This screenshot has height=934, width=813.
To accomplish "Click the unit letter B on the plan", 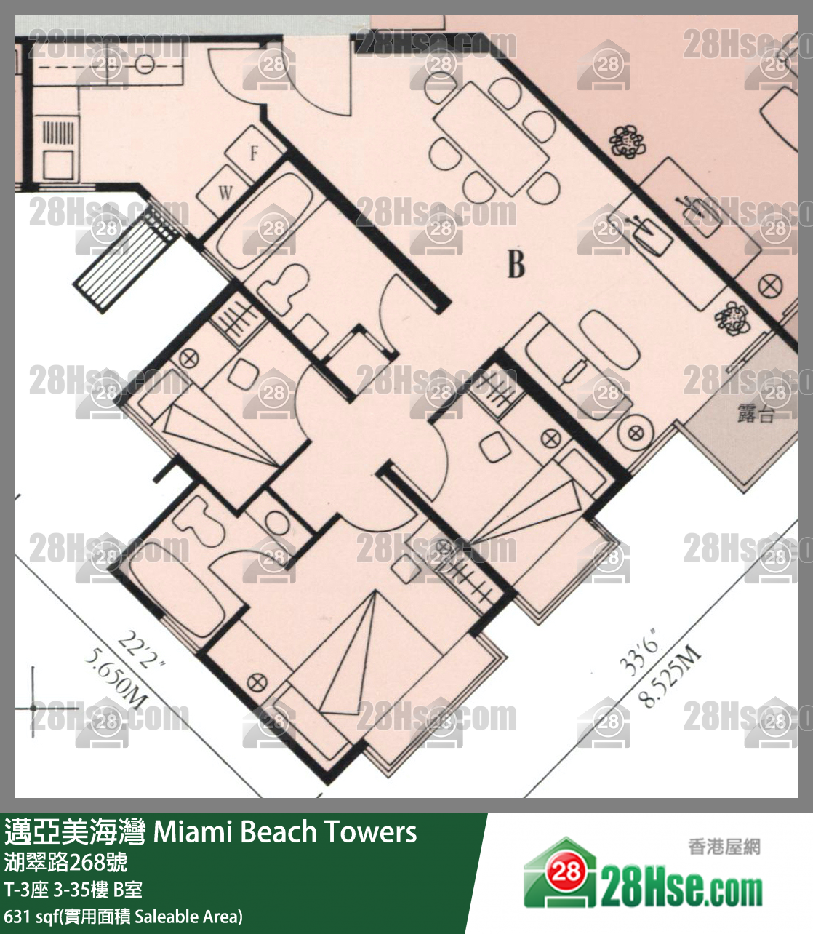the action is click(x=516, y=265).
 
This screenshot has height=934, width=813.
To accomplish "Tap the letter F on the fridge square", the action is click(x=254, y=153).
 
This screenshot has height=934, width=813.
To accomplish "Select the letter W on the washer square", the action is click(x=225, y=193).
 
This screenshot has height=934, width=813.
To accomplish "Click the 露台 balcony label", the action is click(x=756, y=413).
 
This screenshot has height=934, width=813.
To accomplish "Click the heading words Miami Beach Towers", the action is click(x=284, y=831).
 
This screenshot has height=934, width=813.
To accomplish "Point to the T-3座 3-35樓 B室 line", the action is click(x=73, y=889).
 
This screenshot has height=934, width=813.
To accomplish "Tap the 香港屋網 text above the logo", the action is click(x=724, y=847).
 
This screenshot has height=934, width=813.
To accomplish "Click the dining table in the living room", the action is click(x=491, y=138).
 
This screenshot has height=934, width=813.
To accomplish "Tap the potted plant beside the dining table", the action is click(x=628, y=142).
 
